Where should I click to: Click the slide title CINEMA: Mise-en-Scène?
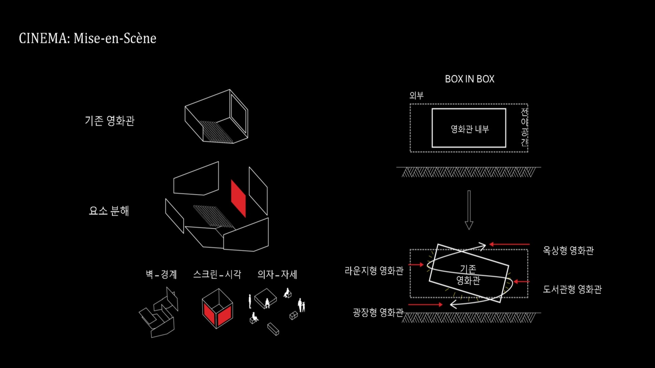tap(87, 38)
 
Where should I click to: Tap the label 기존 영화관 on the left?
tap(110, 121)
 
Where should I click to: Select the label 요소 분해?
tap(109, 211)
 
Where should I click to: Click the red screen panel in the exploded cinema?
tap(238, 198)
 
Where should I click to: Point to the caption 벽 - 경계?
tap(161, 274)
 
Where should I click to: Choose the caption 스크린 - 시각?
tap(217, 274)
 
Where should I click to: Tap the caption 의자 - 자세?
tap(277, 274)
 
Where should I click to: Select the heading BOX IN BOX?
tap(469, 79)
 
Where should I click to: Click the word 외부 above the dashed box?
tap(416, 95)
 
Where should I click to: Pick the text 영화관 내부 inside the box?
tap(470, 129)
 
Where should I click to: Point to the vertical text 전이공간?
tap(524, 127)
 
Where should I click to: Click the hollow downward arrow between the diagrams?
tap(469, 210)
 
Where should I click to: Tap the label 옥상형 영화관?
tap(568, 250)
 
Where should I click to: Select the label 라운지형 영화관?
tap(374, 271)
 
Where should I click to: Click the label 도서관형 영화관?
tap(572, 289)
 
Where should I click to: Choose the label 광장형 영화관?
tap(378, 312)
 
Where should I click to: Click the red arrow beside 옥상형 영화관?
tap(509, 244)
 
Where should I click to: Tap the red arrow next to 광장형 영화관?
tap(425, 305)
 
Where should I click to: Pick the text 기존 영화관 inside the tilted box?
tap(468, 275)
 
